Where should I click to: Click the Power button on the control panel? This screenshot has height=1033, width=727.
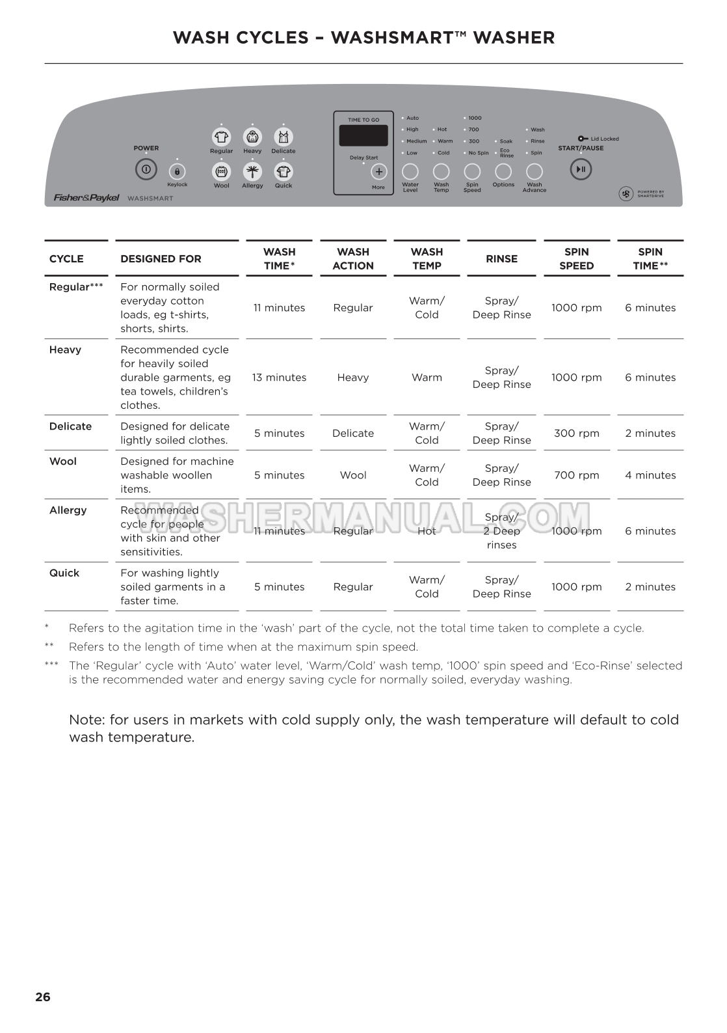pos(146,170)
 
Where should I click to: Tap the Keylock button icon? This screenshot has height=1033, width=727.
pos(177,172)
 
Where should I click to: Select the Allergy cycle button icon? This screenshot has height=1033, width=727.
pos(252,172)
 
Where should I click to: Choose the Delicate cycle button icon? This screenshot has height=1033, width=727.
pos(284,137)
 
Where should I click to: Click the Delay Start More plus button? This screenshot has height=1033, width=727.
pos(378,172)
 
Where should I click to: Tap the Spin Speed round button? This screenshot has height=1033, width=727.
pos(472,171)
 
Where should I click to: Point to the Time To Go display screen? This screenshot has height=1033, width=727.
pos(363,135)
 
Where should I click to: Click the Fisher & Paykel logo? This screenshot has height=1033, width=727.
pos(86,198)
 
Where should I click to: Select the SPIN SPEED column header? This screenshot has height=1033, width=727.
pos(576,259)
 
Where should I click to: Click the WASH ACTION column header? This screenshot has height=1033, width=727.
pos(353,259)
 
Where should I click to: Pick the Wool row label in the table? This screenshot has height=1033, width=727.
pos(63,461)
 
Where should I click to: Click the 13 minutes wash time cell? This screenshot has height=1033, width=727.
pos(279,378)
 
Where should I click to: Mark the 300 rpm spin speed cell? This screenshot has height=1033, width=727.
pos(576,434)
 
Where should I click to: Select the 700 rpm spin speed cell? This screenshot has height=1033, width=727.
pos(576,475)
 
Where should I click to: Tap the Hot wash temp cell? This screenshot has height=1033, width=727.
pos(427,531)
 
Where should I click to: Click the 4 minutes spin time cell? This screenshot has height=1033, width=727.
pos(650,475)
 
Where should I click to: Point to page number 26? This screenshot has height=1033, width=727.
pos(43,997)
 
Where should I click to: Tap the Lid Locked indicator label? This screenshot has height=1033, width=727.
pos(604,139)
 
